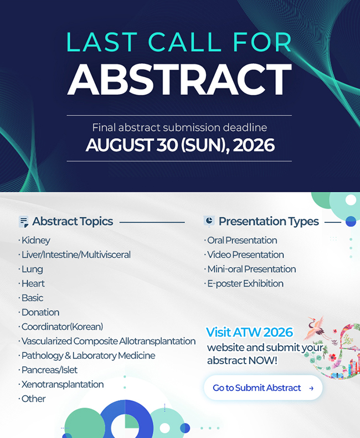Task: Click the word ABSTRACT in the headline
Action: pyautogui.click(x=179, y=79)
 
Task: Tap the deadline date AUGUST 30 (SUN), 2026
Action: pyautogui.click(x=180, y=145)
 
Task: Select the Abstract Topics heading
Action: pyautogui.click(x=73, y=222)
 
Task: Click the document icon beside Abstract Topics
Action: pyautogui.click(x=23, y=222)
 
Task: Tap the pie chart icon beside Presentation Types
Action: pyautogui.click(x=209, y=221)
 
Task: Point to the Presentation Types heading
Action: pyautogui.click(x=269, y=222)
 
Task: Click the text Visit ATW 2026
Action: pyautogui.click(x=249, y=333)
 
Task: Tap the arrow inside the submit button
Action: pyautogui.click(x=311, y=388)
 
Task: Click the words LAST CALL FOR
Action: pyautogui.click(x=179, y=42)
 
